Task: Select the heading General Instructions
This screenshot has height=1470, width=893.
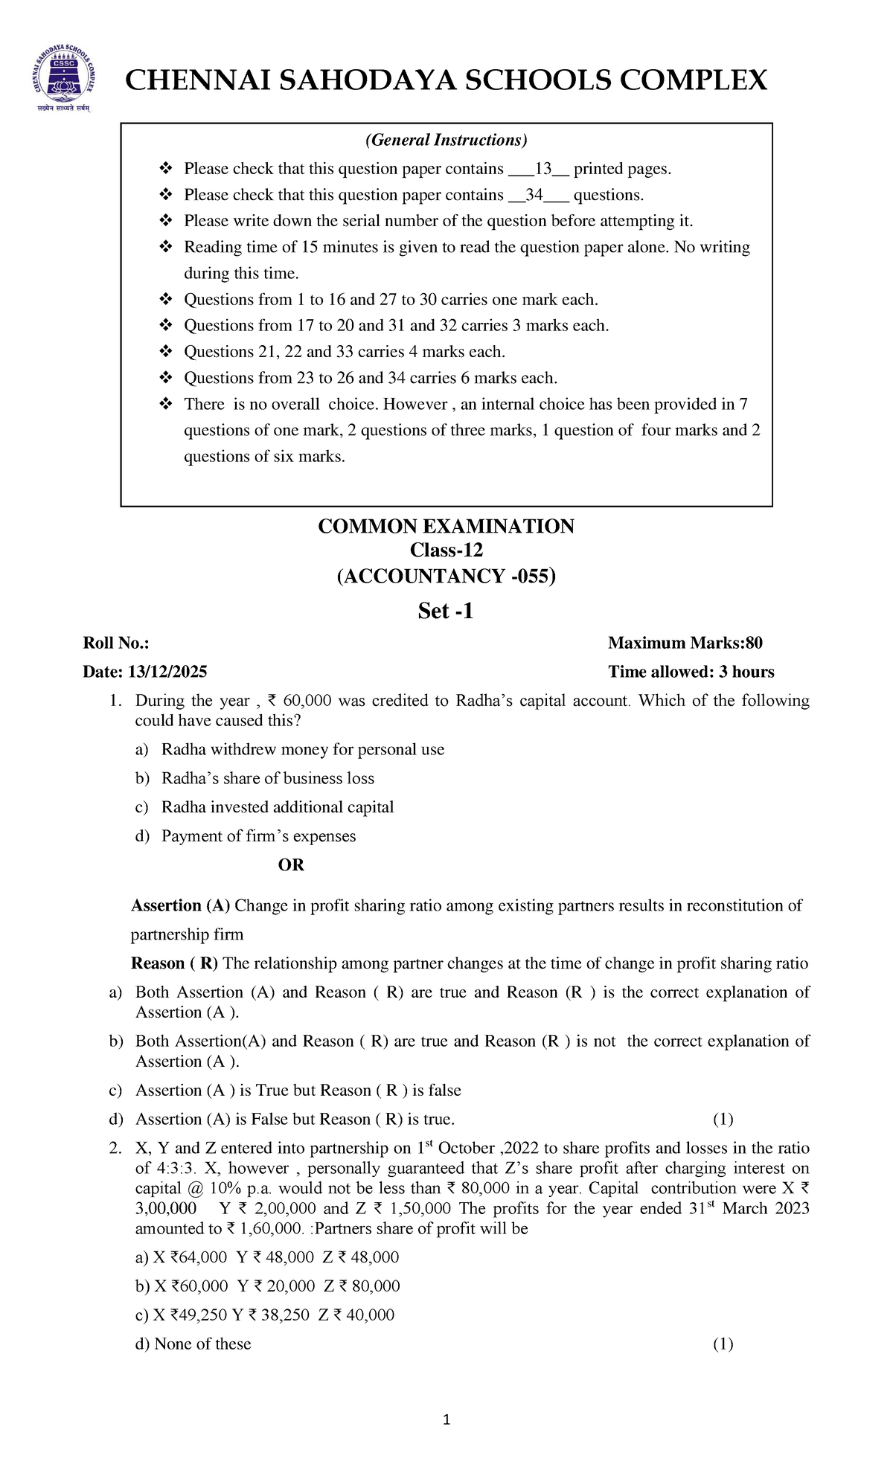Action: (446, 140)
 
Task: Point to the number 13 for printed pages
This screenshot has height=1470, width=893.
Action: (542, 169)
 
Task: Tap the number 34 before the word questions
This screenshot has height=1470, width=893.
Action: (534, 195)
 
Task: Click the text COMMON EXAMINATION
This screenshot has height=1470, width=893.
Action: (446, 526)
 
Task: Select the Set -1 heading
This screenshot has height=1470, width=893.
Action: (446, 611)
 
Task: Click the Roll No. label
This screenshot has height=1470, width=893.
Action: (116, 643)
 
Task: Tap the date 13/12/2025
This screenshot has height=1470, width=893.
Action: (167, 672)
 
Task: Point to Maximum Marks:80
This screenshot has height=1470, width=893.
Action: (685, 643)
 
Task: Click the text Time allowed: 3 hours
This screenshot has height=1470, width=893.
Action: (691, 672)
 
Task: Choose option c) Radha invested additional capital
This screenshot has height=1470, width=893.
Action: (277, 807)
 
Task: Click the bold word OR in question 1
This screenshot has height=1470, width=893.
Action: (291, 864)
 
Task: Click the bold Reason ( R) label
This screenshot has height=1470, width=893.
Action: (174, 963)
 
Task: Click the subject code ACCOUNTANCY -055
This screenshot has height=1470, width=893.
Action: (446, 576)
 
